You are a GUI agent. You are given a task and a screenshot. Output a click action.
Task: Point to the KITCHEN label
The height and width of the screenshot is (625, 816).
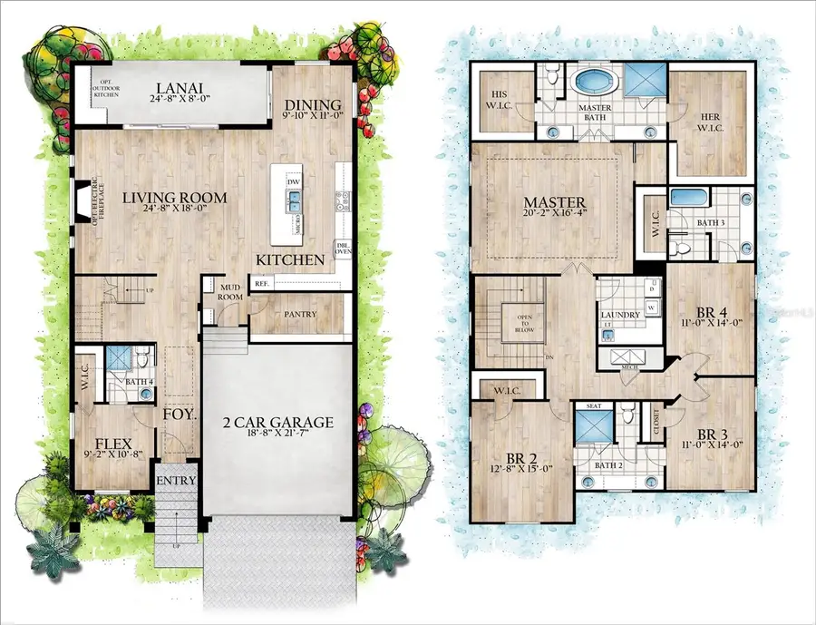289,260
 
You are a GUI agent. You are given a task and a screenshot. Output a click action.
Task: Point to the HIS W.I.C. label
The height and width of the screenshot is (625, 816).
501,98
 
